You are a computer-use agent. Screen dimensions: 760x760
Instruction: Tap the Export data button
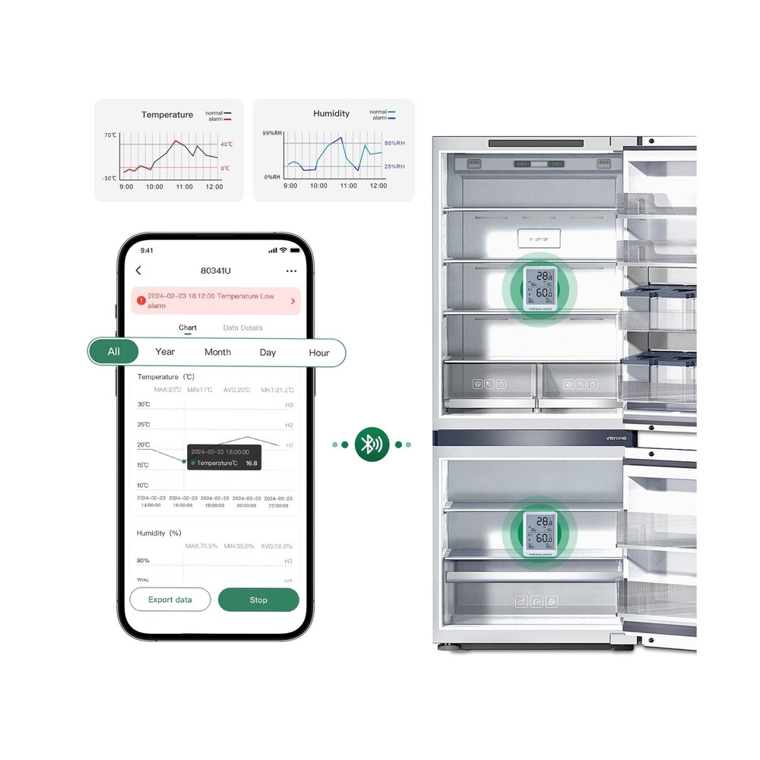[169, 600]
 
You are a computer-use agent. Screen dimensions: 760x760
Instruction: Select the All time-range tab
[114, 352]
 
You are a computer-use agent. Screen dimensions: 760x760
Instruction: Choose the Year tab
[165, 352]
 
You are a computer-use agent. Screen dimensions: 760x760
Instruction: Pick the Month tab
[217, 353]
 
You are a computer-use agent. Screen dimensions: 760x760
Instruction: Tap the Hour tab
[319, 353]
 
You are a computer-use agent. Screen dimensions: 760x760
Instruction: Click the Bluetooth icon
[372, 445]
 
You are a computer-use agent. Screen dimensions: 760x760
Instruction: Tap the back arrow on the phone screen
[138, 271]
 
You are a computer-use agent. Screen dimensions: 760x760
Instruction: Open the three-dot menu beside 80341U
[291, 271]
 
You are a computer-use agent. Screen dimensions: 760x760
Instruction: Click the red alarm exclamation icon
[141, 300]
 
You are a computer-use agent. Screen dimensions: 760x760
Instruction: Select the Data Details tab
[243, 328]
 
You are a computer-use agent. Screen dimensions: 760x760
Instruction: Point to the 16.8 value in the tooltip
[251, 463]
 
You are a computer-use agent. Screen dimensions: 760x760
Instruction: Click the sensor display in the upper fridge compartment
[539, 290]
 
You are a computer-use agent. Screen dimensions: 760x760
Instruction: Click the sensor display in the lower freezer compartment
[539, 534]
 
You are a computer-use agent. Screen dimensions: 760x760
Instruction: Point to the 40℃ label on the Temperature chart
[226, 144]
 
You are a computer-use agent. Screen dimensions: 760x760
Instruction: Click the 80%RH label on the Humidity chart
[394, 143]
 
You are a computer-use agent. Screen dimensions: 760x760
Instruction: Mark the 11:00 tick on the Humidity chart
[348, 186]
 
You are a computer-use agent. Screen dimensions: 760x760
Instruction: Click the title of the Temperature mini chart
[167, 115]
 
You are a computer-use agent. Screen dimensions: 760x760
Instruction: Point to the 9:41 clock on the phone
[147, 250]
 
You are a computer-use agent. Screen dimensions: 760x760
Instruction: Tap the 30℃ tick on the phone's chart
[143, 404]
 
